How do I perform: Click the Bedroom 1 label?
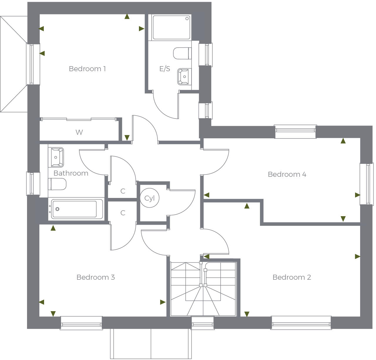tap(87, 69)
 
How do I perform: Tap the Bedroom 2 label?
tap(292, 277)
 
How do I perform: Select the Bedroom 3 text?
tap(95, 277)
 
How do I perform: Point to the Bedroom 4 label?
tap(287, 174)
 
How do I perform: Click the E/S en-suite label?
tap(164, 69)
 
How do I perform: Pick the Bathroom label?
tap(71, 173)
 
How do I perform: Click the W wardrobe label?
tap(79, 132)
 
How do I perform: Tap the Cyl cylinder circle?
tap(150, 198)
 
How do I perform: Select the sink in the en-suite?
tap(184, 76)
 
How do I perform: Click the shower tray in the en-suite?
tap(171, 27)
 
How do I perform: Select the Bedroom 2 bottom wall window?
tap(301, 323)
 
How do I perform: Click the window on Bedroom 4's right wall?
tap(367, 184)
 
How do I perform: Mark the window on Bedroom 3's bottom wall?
tap(81, 323)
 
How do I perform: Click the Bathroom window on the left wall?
tap(33, 184)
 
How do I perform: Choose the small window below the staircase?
tap(203, 323)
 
